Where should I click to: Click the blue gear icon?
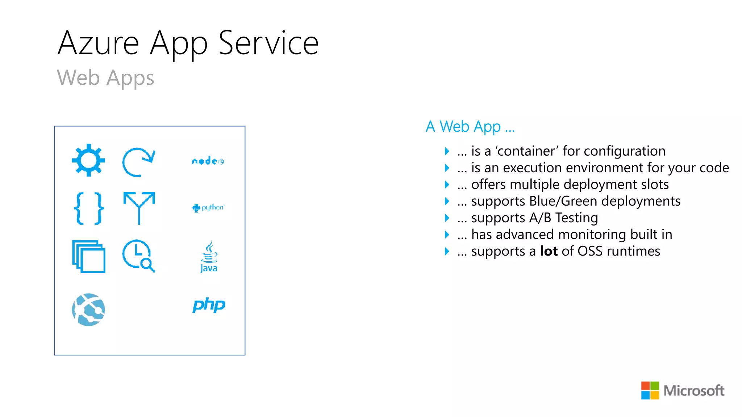click(88, 160)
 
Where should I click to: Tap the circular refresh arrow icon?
click(138, 162)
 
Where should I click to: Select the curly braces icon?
click(89, 208)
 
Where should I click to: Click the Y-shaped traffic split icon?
click(139, 208)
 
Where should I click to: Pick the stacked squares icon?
click(89, 256)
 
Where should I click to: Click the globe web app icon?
click(88, 309)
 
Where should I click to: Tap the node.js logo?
click(208, 161)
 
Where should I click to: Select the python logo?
click(208, 208)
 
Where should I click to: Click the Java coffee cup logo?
click(209, 257)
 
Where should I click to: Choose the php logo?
click(209, 306)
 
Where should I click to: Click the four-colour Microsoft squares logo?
click(650, 390)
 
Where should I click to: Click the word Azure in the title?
click(98, 43)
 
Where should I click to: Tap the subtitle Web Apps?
click(105, 78)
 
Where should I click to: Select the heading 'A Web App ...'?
click(470, 127)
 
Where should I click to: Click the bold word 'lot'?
click(549, 251)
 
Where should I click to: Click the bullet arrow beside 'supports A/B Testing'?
click(447, 218)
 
